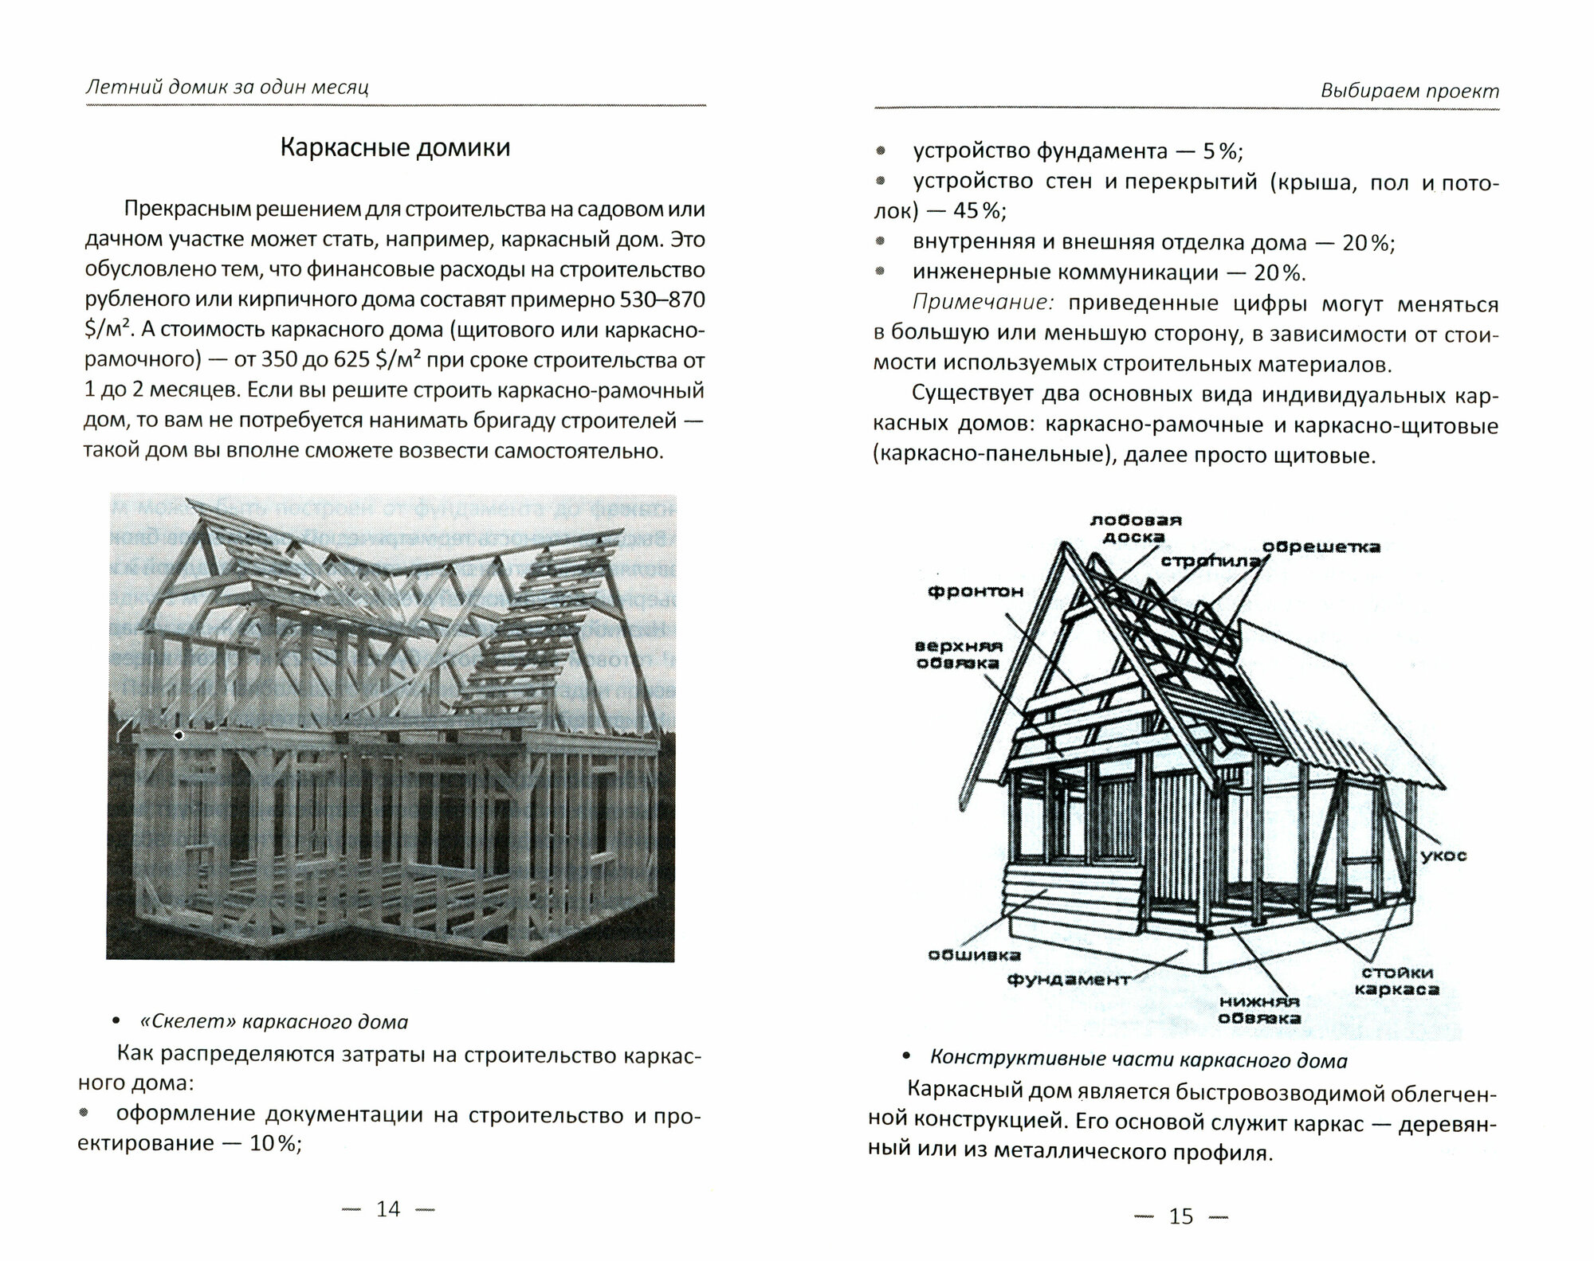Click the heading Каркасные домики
tap(395, 148)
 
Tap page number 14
tap(387, 1208)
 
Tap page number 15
tap(1180, 1216)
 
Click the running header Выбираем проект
tap(1409, 91)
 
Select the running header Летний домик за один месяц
tap(227, 86)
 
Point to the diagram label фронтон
tap(975, 591)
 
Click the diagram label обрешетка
tap(1321, 547)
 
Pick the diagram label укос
tap(1443, 856)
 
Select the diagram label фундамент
tap(1068, 979)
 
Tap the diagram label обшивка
tap(974, 954)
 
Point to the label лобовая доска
tap(1136, 528)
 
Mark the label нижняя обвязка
tap(1259, 1010)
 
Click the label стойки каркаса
tap(1397, 981)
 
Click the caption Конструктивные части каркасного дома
tap(1139, 1060)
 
